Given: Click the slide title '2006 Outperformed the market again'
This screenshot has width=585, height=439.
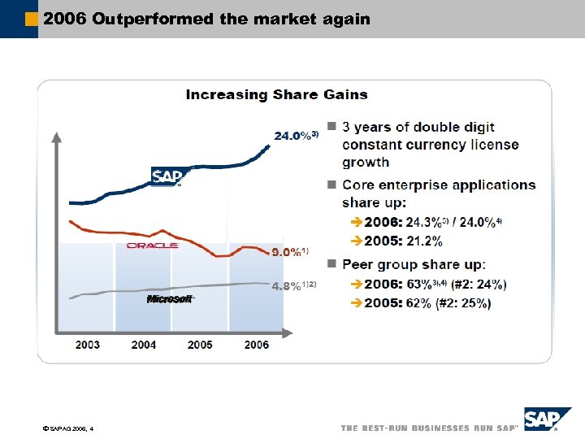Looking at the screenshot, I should pos(206,18).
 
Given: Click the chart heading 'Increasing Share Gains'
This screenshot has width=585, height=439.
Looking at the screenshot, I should pos(276,94).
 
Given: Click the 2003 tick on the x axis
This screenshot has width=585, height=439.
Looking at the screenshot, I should pos(88,345).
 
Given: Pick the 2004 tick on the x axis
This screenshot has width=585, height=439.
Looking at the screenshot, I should pos(144,345).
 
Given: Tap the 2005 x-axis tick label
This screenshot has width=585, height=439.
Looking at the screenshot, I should pos(200,345).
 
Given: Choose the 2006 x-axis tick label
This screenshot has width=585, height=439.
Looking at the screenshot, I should pos(256,345).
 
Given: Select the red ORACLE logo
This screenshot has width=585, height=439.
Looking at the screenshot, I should pos(152,245).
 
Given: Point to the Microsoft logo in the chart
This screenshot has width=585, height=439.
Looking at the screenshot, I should pos(169,299).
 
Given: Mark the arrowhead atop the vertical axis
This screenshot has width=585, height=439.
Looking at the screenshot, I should pos(56,136).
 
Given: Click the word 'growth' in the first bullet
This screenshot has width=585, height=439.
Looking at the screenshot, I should pos(366,162).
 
